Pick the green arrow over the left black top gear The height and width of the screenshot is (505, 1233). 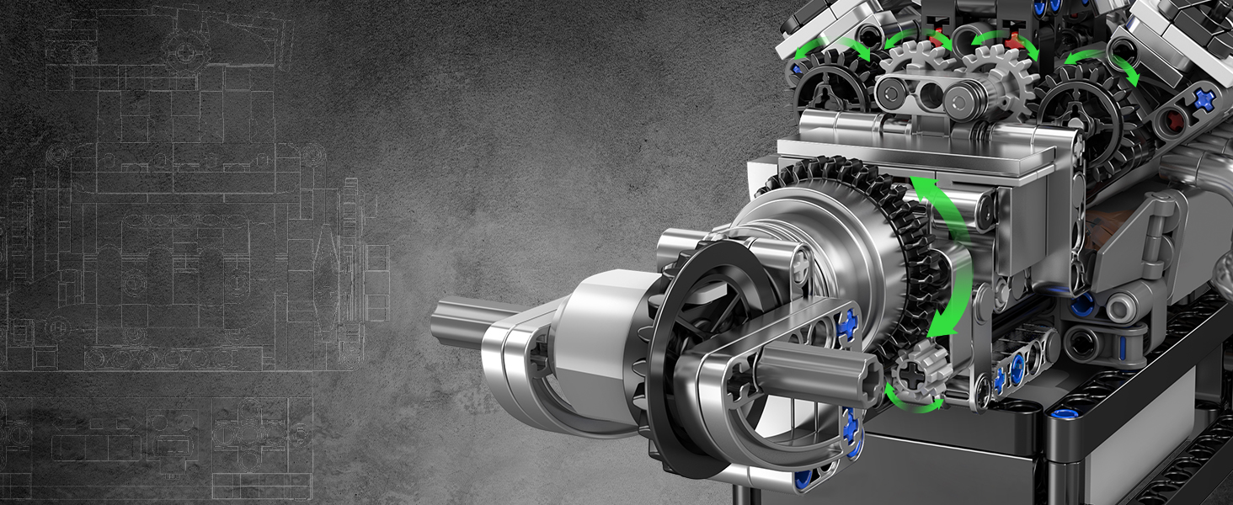pos(829,47)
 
